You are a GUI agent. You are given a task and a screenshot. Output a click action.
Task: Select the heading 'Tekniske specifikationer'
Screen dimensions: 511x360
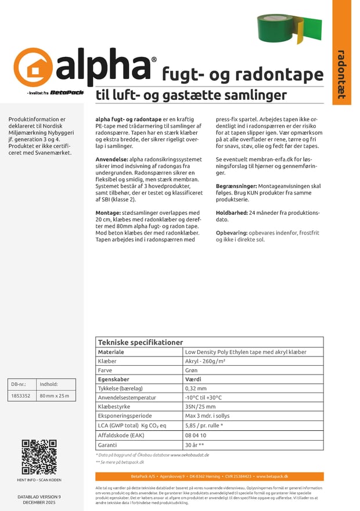[141, 343]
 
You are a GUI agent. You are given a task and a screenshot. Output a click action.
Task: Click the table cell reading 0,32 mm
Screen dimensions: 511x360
[196, 388]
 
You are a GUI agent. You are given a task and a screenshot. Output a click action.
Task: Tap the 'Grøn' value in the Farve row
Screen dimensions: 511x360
[192, 370]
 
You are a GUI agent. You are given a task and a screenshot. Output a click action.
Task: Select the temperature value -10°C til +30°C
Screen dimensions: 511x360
[203, 398]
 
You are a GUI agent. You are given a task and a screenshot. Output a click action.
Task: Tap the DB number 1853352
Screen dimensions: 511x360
[21, 396]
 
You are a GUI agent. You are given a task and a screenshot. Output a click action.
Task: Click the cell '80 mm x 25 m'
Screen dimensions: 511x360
[54, 396]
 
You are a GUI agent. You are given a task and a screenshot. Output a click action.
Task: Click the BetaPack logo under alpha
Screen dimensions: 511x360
[67, 92]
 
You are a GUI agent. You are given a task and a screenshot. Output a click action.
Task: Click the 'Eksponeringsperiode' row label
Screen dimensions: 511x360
[123, 416]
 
